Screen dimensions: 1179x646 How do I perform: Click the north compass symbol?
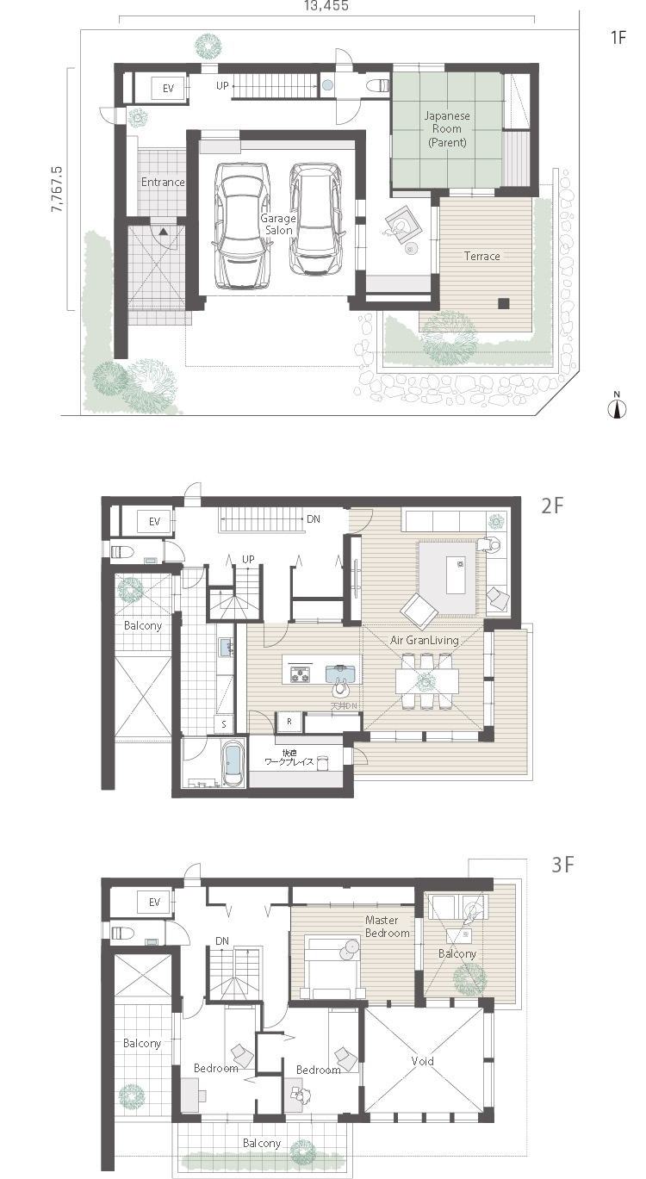617,407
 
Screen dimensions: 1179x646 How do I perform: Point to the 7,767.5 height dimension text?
58,185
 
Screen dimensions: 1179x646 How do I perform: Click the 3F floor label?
562,865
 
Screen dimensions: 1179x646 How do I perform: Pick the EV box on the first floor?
168,88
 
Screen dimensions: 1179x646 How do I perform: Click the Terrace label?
481,256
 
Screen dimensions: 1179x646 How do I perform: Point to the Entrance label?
164,182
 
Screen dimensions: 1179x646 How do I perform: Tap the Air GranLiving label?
424,640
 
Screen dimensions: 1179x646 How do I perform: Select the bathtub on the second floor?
233,765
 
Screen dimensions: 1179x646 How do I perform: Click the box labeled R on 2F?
288,720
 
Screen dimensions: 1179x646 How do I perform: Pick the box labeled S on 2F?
224,723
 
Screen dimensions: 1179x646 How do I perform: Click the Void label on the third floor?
422,1061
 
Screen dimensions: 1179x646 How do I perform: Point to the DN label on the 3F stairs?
222,940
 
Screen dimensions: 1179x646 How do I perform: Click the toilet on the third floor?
118,932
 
